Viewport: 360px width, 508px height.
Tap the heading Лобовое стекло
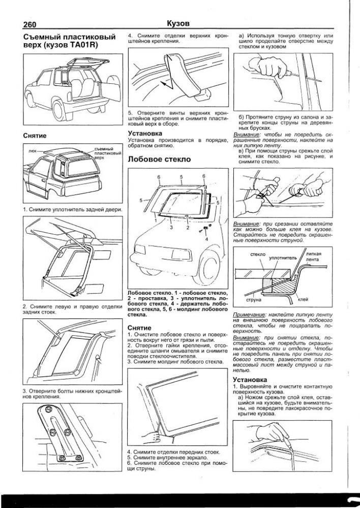tap(159, 159)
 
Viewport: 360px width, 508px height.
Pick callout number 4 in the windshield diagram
tap(206, 238)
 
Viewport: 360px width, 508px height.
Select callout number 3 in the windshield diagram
tap(172, 229)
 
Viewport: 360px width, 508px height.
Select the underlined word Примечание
tap(246, 315)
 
